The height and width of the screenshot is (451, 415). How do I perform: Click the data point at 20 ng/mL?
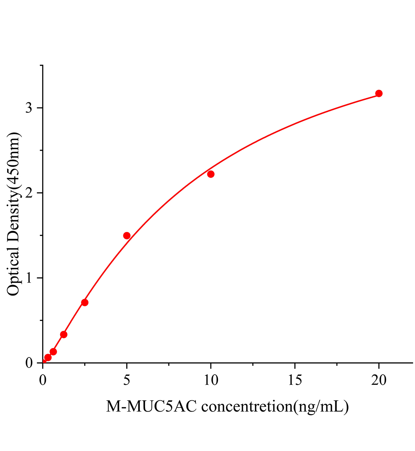[379, 93]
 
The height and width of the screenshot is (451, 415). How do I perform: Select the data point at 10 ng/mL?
[211, 174]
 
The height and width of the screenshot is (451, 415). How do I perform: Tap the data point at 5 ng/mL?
[127, 236]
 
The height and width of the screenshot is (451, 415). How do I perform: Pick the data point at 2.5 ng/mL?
[85, 303]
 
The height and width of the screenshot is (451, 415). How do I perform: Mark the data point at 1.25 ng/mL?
[64, 334]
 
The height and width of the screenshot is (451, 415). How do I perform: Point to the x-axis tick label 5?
[127, 381]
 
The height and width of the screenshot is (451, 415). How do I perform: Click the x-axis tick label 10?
[211, 381]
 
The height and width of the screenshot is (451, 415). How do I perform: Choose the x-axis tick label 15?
[295, 381]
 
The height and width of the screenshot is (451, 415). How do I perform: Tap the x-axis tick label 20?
[379, 381]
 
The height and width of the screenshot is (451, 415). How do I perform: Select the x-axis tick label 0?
[42, 381]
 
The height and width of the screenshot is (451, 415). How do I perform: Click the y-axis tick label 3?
[29, 108]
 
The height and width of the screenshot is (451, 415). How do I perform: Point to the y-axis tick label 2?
[29, 193]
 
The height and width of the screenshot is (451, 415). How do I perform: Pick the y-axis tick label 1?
[29, 278]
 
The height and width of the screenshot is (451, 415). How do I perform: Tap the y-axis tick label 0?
[29, 363]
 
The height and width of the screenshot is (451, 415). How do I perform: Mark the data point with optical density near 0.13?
[53, 352]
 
